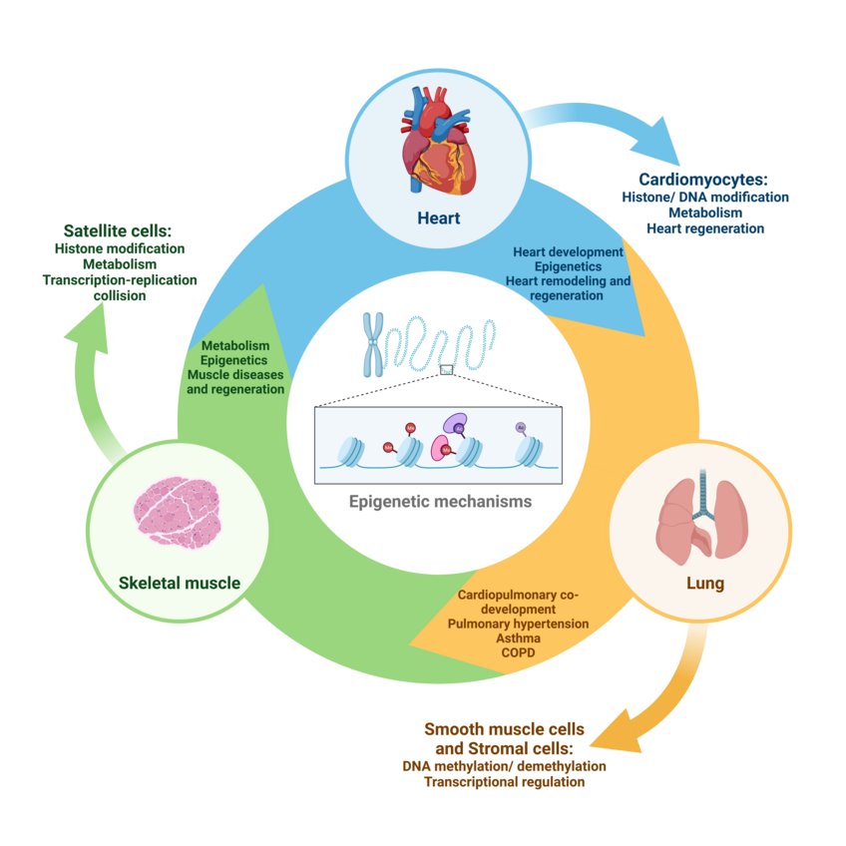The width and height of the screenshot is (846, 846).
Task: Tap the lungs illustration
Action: click(x=701, y=517)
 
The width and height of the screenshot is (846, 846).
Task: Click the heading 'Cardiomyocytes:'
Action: click(x=703, y=180)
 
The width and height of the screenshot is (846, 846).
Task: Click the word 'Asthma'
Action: click(x=517, y=637)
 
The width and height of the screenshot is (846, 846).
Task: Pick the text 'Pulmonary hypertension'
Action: click(x=519, y=623)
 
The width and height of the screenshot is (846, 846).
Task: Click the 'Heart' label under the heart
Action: click(x=439, y=217)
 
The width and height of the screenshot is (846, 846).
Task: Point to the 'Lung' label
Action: click(x=701, y=582)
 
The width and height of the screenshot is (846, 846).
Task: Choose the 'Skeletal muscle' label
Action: click(x=179, y=582)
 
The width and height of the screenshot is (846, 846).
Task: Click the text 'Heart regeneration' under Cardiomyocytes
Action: click(x=704, y=228)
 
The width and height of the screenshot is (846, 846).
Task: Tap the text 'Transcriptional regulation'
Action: click(x=504, y=782)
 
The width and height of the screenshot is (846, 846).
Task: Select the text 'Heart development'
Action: click(x=568, y=252)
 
